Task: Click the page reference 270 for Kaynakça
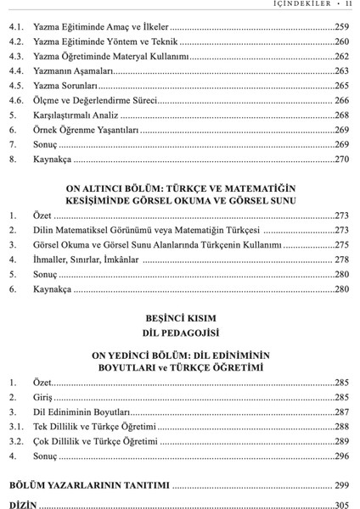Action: click(341, 158)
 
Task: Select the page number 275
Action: click(341, 244)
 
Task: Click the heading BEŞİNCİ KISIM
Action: click(178, 318)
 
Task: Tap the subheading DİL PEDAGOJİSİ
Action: click(178, 333)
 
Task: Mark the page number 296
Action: click(341, 456)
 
